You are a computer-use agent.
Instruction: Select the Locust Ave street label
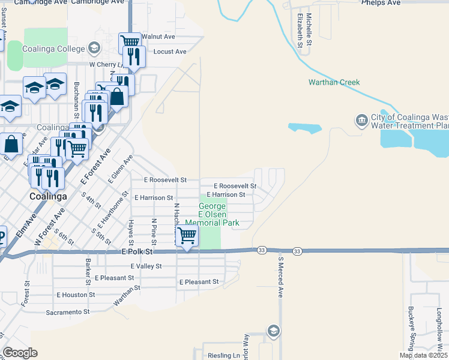[170, 52]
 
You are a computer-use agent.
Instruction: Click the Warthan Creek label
[333, 82]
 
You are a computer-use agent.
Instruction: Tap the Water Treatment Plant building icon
[361, 120]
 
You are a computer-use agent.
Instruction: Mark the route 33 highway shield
[261, 250]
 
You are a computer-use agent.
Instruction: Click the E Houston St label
[76, 295]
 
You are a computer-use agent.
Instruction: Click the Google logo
[20, 353]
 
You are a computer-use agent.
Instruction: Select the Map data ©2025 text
[423, 355]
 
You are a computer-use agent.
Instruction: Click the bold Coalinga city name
[47, 196]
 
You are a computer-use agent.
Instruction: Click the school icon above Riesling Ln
[273, 331]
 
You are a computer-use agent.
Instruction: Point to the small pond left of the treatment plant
[305, 128]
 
